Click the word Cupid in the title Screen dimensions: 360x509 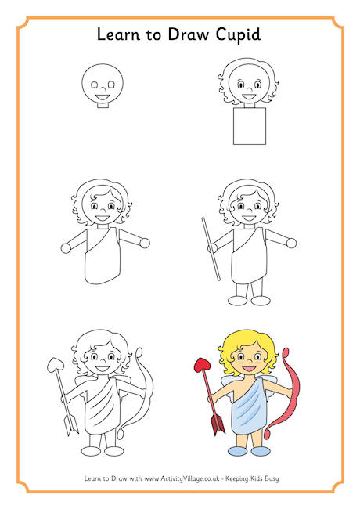pos(238,35)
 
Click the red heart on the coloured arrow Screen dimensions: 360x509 pos(202,365)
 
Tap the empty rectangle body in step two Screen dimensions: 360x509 pos(250,126)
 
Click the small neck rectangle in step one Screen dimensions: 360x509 pos(103,105)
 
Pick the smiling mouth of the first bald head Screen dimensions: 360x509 pos(103,97)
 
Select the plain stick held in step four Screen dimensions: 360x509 pos(211,249)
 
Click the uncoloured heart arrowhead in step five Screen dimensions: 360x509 pos(55,365)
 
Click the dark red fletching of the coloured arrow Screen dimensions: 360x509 pos(218,424)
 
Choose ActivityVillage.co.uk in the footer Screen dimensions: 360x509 pos(182,478)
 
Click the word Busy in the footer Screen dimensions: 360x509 pos(271,478)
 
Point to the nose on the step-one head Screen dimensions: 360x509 pos(103,88)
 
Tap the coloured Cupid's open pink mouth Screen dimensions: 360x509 pos(249,369)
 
